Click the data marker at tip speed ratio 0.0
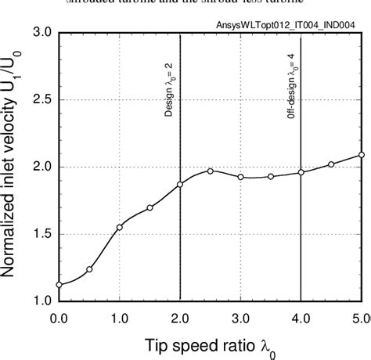point(59,285)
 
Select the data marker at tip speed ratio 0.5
point(89,269)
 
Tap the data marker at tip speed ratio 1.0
point(120,227)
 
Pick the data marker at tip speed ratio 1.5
point(149,207)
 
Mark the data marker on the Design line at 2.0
point(180,185)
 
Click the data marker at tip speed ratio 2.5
point(211,171)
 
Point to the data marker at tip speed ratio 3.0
point(240,177)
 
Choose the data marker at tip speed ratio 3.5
point(271,176)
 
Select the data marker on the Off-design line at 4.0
point(301,172)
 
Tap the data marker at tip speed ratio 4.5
point(331,164)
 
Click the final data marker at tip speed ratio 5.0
point(362,155)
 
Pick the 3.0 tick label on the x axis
point(240,317)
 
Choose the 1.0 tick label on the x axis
point(120,317)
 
